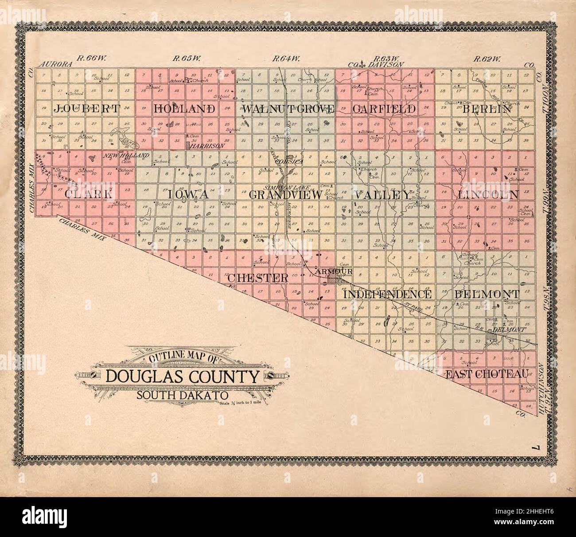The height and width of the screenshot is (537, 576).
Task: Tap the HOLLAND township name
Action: pos(185,109)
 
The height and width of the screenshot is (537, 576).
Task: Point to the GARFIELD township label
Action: pos(384,109)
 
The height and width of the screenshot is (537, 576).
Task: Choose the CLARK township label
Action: pos(87,195)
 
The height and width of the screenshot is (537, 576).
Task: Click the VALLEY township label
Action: pos(381,195)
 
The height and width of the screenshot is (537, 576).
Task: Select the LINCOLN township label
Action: pos(488,195)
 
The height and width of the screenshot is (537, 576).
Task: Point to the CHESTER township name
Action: pos(258,278)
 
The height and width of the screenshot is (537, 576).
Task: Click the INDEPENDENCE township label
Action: pos(388,295)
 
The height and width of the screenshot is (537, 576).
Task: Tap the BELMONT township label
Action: pos(486,294)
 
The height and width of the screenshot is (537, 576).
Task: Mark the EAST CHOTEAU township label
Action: pos(487,374)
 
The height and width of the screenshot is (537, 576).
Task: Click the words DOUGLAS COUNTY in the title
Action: pos(182,377)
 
